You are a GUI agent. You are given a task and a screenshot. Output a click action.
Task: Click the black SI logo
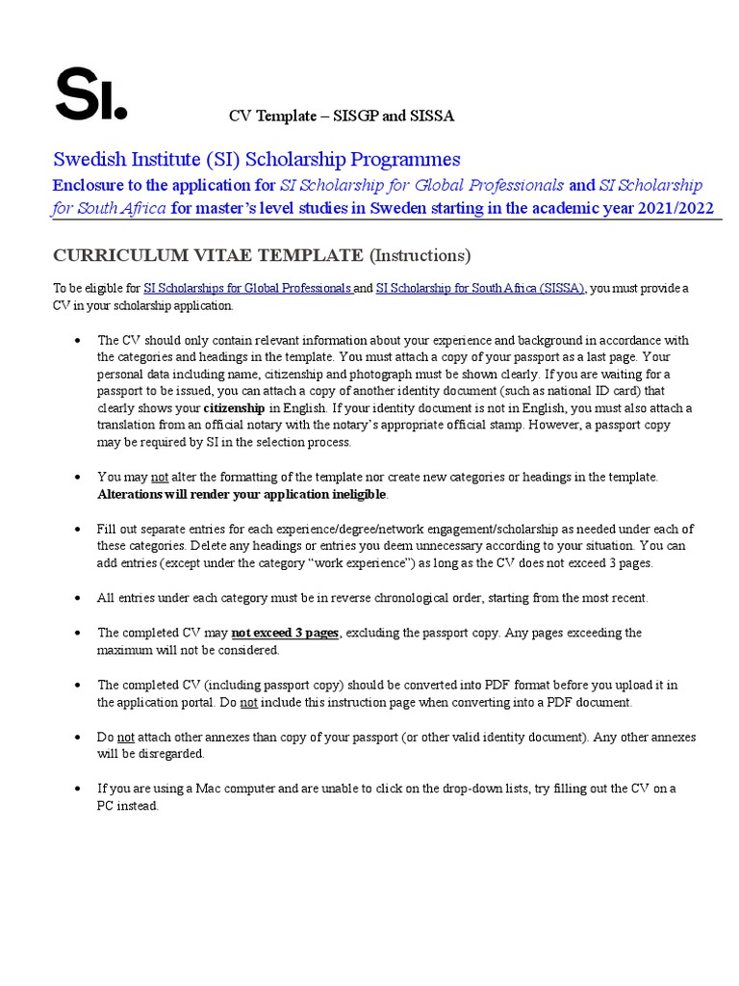[90, 94]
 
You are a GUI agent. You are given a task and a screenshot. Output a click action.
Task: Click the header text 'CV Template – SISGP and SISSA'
[341, 117]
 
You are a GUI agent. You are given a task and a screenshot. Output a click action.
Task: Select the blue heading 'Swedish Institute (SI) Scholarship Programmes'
[257, 159]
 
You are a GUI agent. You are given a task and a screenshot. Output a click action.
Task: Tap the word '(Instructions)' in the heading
[420, 255]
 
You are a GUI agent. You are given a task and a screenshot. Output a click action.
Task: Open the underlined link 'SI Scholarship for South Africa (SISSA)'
[479, 288]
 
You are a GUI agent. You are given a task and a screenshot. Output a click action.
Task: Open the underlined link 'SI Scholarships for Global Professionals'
[248, 288]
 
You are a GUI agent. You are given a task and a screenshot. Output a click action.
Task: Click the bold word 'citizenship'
[233, 408]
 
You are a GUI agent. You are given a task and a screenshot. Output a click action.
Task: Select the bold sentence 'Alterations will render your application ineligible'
[242, 494]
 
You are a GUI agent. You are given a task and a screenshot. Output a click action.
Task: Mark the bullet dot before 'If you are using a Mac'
[76, 789]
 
